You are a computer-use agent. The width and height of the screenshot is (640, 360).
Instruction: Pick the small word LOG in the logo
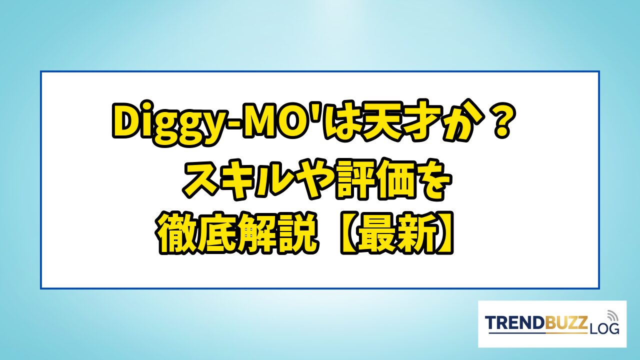point(604,329)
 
